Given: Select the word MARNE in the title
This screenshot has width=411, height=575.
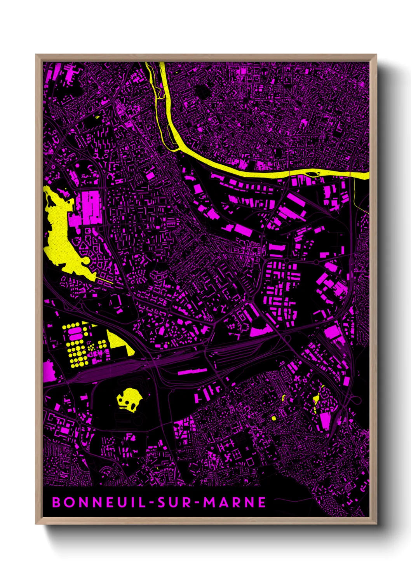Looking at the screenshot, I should pyautogui.click(x=235, y=502).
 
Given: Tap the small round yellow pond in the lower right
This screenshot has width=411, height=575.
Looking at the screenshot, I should pyautogui.click(x=273, y=418).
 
